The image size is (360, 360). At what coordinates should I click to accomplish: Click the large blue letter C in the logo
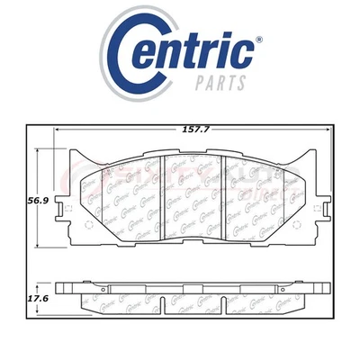click(x=133, y=49)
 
